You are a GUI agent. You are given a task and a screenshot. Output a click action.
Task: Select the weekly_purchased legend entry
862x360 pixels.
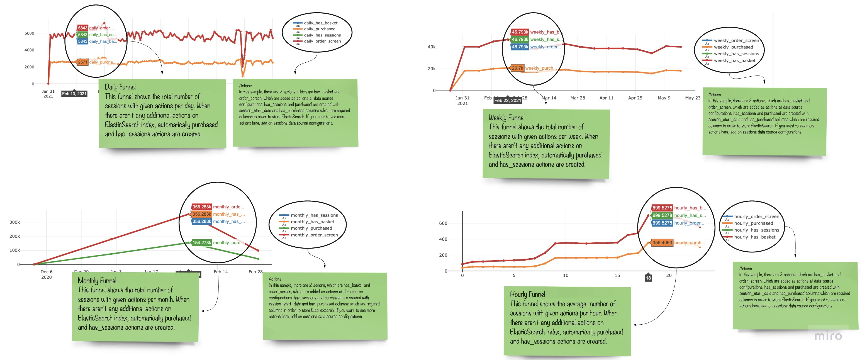733,47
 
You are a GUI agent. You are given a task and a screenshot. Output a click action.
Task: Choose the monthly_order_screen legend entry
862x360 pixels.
314,235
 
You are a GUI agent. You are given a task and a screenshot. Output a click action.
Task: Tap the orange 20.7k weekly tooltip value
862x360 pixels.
517,68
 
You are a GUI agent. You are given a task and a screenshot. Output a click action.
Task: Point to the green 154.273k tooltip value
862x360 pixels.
201,243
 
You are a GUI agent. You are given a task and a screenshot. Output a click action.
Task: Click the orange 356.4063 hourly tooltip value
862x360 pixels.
662,243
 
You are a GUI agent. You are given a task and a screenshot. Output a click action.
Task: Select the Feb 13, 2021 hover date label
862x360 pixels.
74,94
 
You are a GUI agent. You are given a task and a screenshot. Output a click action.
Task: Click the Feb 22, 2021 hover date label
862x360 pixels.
508,100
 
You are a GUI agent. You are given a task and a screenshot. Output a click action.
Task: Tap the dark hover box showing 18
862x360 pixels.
648,278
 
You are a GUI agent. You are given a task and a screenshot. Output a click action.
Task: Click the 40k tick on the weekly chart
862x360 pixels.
431,47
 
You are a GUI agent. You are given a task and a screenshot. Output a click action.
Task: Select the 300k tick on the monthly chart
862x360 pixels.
14,222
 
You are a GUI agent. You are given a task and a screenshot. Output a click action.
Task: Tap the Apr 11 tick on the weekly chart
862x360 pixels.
606,98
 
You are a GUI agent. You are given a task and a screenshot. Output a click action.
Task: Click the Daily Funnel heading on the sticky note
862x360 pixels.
120,87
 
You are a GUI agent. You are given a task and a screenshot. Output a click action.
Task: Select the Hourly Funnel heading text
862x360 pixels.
527,295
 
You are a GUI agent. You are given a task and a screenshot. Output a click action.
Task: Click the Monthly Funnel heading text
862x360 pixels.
97,280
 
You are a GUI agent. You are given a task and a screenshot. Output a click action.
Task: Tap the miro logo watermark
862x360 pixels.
828,335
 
